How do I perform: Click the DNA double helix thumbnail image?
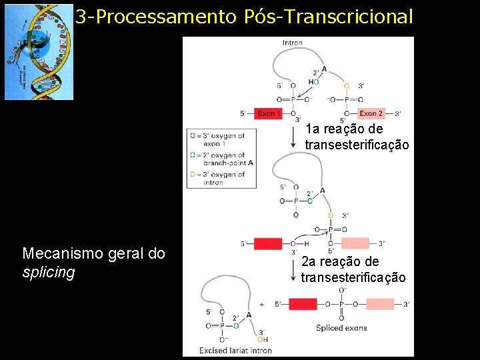point(39,52)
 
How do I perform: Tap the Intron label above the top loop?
point(292,43)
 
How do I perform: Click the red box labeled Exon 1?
point(268,114)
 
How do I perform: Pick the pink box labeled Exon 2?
point(371,114)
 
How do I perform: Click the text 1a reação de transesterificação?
point(357,137)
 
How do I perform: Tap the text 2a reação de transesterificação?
point(353,269)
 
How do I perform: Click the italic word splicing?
point(49,273)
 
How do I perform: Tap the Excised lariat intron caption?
point(235,350)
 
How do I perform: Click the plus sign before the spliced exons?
point(261,305)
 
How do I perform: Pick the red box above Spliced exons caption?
point(303,305)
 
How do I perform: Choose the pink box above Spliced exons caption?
point(379,305)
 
